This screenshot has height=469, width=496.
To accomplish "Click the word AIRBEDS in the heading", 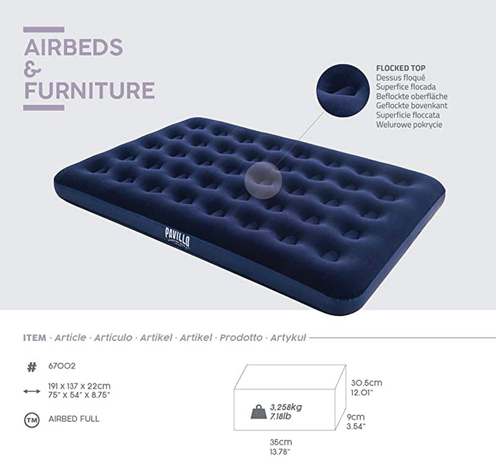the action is [x=73, y=47].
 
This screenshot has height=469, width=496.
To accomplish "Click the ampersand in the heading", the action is [x=32, y=69].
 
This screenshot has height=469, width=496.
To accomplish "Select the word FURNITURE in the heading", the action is [x=89, y=91].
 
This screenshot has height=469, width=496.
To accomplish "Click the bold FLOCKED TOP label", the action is [x=401, y=68].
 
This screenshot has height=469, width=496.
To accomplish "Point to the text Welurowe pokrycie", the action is [x=409, y=124].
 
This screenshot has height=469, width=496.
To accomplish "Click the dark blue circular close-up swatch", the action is [x=343, y=91].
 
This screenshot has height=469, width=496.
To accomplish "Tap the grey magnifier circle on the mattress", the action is [x=263, y=181].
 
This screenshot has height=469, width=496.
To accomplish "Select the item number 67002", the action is [x=62, y=366].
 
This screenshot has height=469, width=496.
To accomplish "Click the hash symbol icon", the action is [x=32, y=368].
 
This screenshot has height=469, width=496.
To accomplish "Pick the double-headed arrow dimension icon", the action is [x=32, y=391].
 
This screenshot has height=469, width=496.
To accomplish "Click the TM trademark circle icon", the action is [x=32, y=420].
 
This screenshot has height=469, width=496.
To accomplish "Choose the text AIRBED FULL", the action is [x=74, y=419].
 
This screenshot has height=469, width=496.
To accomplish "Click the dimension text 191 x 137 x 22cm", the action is [x=79, y=386].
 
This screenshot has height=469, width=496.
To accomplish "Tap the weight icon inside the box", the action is [x=259, y=412].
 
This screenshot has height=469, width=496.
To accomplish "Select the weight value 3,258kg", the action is [x=286, y=407].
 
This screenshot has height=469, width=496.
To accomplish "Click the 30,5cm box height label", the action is [x=366, y=383].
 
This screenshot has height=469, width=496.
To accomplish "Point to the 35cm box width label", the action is [x=281, y=442].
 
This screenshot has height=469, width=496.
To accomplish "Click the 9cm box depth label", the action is [x=355, y=417].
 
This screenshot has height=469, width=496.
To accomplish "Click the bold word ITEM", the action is [x=35, y=338].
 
